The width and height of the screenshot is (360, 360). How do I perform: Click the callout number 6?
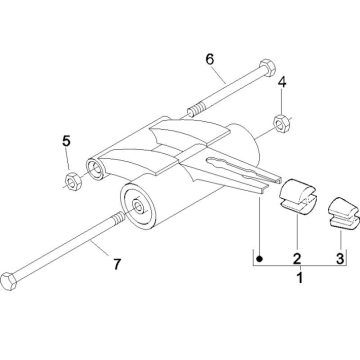[210, 59]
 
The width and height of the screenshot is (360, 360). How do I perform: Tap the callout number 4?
[282, 82]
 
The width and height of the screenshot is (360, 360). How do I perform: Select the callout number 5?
[66, 141]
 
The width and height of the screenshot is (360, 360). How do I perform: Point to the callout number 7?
[116, 264]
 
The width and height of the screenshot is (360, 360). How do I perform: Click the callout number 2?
[297, 258]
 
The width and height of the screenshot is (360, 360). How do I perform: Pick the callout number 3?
[339, 258]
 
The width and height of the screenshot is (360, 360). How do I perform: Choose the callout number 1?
[300, 277]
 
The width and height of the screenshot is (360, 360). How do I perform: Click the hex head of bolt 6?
[267, 67]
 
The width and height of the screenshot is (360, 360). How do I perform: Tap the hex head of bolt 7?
[9, 281]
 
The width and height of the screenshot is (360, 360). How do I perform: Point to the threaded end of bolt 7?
[119, 219]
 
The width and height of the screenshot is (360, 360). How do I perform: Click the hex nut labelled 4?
[282, 123]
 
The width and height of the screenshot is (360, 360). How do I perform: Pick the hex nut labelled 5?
[73, 181]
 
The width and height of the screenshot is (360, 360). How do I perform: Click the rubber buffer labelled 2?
[297, 197]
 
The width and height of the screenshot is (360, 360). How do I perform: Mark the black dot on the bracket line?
[260, 258]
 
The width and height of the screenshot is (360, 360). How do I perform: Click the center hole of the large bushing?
[138, 206]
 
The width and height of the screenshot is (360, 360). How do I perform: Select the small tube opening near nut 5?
[96, 167]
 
